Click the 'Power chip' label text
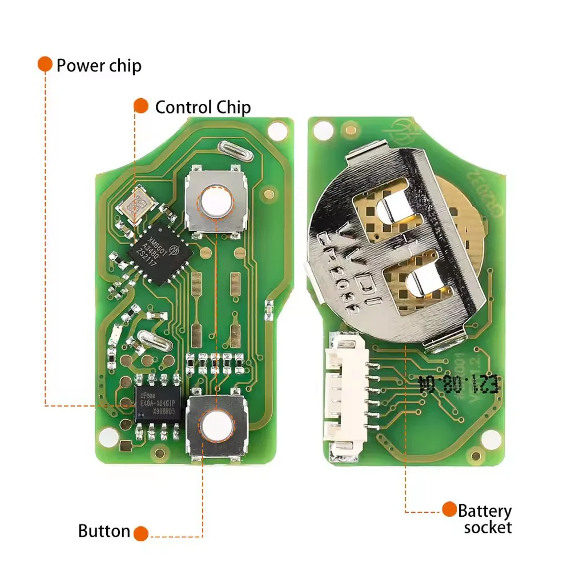(99, 65)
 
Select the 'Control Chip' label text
(203, 107)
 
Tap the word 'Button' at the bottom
(104, 532)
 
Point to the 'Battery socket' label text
(485, 518)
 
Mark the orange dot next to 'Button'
(140, 534)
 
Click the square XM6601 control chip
(160, 251)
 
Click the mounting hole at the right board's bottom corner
(489, 440)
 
